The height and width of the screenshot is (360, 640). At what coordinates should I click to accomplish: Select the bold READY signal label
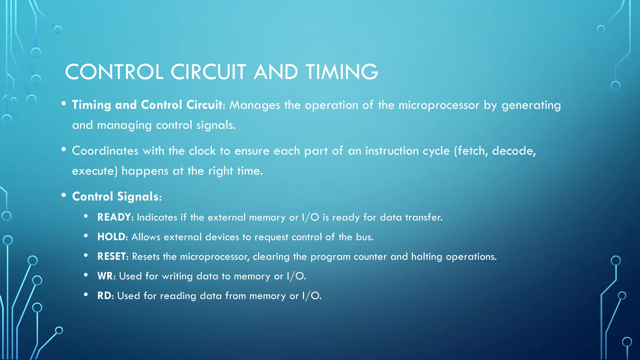coord(114,217)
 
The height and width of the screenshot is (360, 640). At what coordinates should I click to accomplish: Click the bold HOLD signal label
coord(111,237)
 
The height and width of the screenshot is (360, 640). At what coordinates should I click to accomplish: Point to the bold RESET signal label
coord(111,257)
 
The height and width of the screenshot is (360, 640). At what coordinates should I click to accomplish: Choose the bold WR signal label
coord(105,276)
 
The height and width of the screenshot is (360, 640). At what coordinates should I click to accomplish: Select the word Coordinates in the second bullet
coord(105,151)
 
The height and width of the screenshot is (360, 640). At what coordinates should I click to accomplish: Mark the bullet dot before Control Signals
coord(64,195)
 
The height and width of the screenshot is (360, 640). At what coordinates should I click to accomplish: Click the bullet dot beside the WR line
coord(86,275)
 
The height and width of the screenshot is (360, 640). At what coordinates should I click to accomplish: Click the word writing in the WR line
coord(177,277)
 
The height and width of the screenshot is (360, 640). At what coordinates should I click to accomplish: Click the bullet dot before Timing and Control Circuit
coord(64,103)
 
